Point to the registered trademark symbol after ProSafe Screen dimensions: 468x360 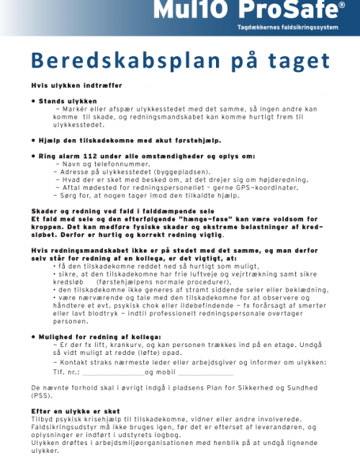[341, 6]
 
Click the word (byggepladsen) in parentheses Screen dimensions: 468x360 [163, 172]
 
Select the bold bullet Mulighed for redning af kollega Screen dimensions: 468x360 [100, 336]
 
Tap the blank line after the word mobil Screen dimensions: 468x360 [205, 372]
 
